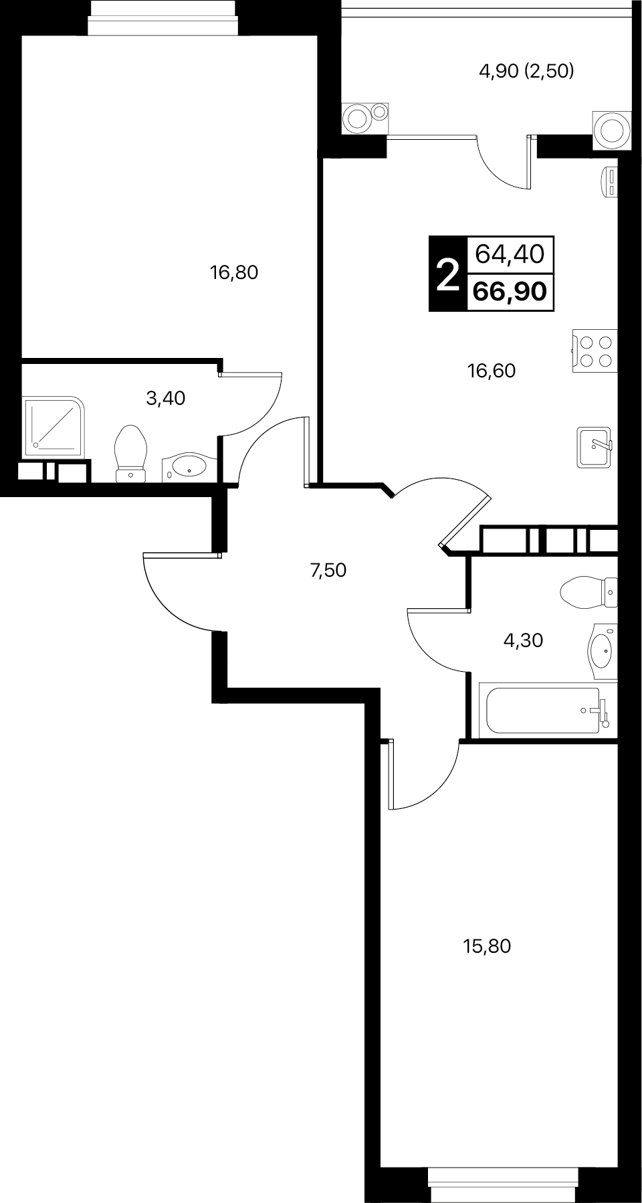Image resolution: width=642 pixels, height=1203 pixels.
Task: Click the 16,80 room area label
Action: pos(234,272)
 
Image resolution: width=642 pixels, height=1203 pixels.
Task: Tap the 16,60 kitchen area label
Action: pos(492,371)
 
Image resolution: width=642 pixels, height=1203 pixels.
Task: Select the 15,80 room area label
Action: pos(487,946)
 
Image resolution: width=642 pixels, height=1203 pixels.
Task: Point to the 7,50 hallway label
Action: pos(328,571)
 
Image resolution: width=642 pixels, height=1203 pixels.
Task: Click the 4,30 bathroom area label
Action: pos(523,640)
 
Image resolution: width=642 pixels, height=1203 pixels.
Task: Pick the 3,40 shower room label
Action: pos(165,399)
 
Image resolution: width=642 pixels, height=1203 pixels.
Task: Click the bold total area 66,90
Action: pos(510,292)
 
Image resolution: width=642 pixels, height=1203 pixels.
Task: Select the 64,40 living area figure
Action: pos(510,254)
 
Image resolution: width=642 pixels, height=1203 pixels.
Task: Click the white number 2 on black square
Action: pos(447,274)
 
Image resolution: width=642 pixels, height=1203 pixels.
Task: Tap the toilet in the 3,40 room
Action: pos(130,454)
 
